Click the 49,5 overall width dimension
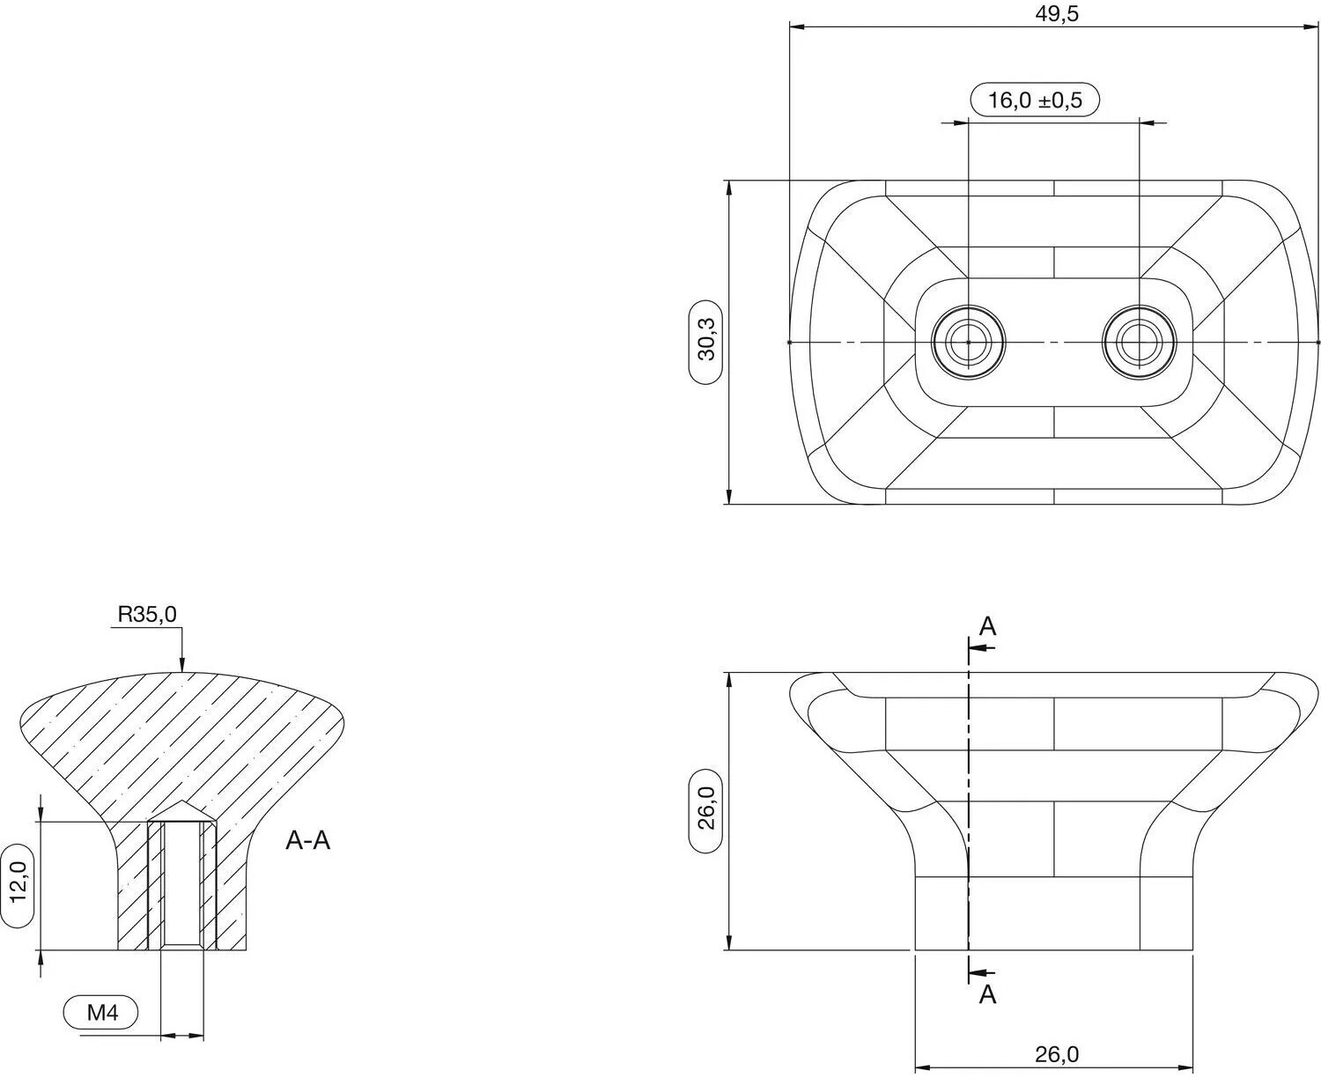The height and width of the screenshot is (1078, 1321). tap(1057, 14)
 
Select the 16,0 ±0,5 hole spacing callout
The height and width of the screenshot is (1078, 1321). tap(1035, 100)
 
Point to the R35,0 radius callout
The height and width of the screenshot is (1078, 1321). tap(147, 615)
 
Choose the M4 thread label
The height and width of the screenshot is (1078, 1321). tap(101, 1012)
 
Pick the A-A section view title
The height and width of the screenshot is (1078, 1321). tap(307, 840)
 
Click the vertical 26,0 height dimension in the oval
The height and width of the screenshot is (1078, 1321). tap(706, 811)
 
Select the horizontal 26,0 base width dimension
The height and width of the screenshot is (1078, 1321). tap(1057, 1054)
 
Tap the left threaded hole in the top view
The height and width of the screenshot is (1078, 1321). tap(969, 343)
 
